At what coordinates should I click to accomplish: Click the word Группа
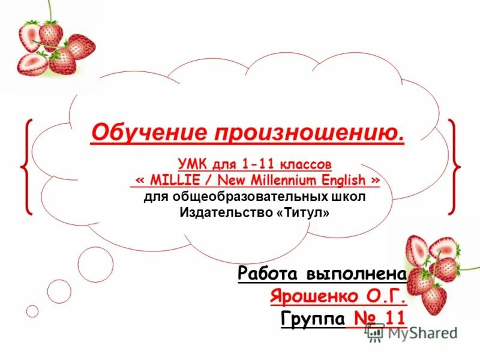tap(312, 317)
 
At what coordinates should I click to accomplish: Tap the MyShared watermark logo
tap(411, 333)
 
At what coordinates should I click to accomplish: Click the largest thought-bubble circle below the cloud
tap(95, 265)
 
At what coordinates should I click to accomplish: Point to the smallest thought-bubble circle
tap(32, 311)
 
